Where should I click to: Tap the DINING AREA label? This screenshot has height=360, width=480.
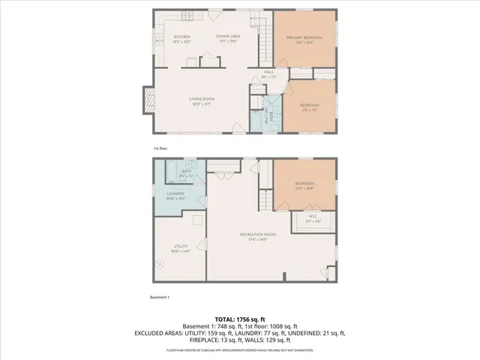[x=228, y=37]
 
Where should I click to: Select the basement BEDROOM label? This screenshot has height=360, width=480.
[x=304, y=184]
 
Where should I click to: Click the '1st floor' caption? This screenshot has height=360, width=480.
[x=160, y=148]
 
